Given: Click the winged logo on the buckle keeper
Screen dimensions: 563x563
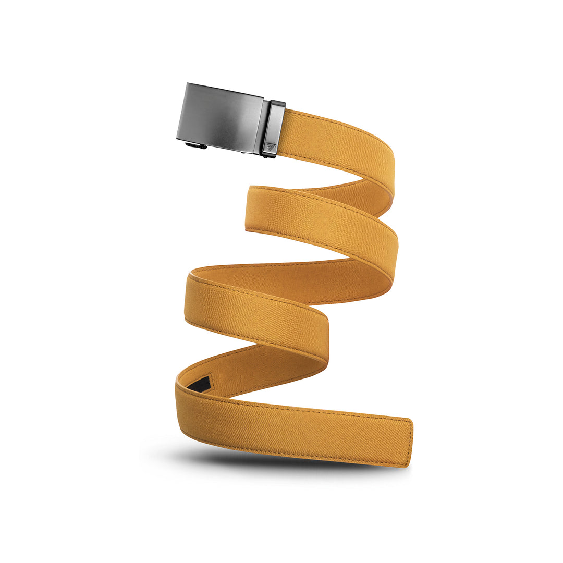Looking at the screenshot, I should [x=271, y=146].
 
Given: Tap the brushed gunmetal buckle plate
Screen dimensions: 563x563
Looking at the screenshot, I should [x=219, y=117].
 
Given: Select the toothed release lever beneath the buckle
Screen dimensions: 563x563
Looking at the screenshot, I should [x=196, y=145].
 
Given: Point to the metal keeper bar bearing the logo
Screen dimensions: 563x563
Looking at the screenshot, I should [x=273, y=128].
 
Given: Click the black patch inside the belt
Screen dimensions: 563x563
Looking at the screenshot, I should [x=199, y=385].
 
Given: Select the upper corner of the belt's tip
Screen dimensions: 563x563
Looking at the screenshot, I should [x=412, y=420].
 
